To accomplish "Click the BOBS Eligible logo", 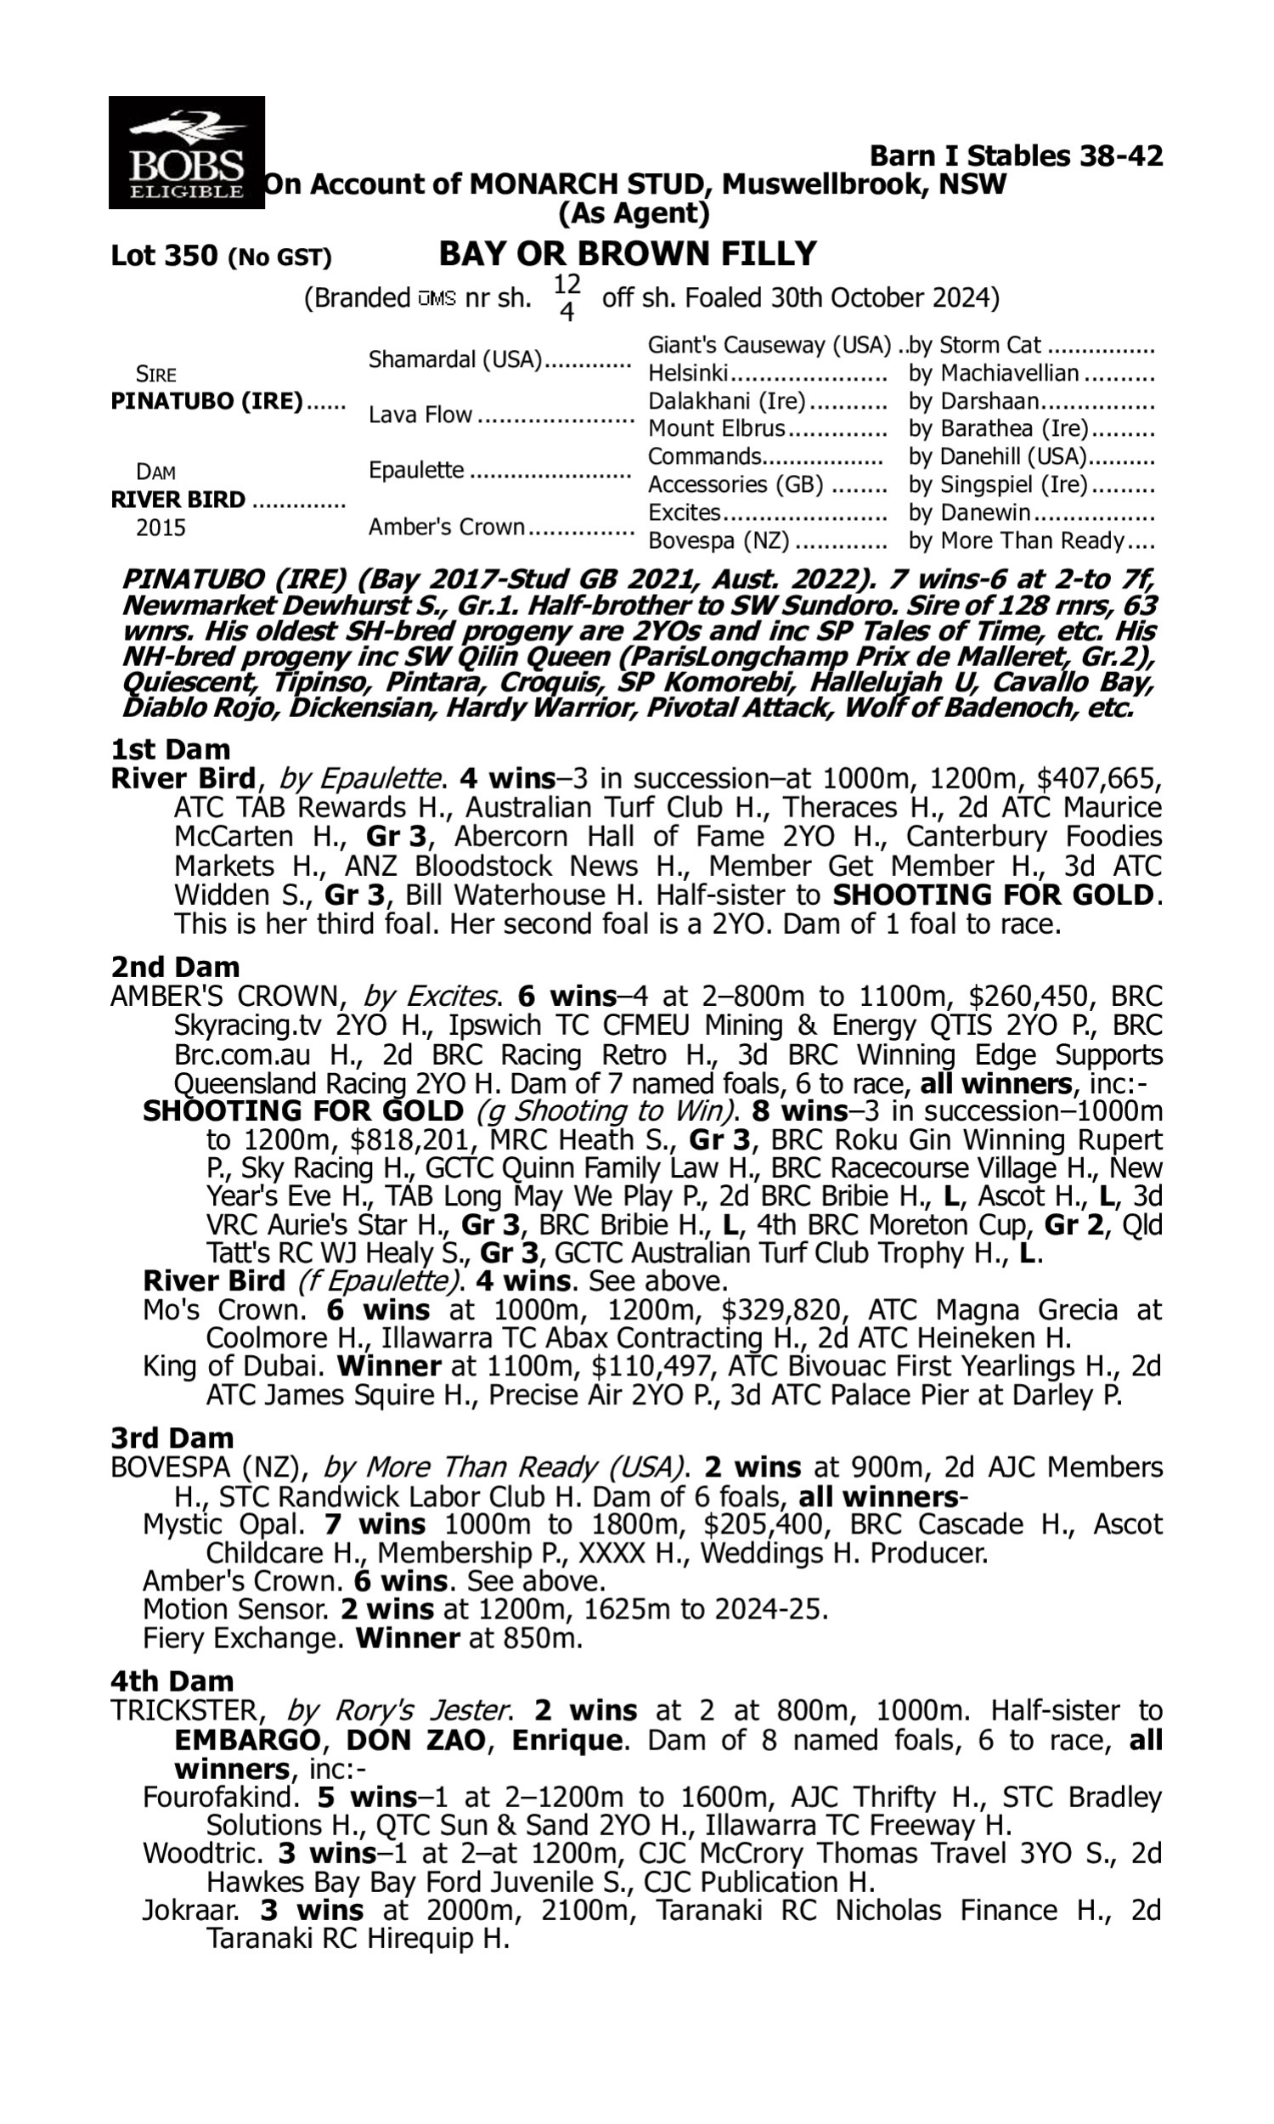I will (x=186, y=152).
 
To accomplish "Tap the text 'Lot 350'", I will (x=164, y=256).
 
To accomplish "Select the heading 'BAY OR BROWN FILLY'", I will (x=628, y=254).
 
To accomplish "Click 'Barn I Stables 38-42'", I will (x=1017, y=156).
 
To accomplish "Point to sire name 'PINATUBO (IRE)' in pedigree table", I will (x=207, y=402).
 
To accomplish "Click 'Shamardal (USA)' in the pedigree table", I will (x=456, y=359).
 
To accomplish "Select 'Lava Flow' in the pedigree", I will (x=420, y=415).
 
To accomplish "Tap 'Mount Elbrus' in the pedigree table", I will (x=716, y=428).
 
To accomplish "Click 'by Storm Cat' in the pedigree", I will (x=975, y=346).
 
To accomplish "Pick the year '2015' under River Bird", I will (x=161, y=528).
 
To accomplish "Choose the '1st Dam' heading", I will (x=170, y=749).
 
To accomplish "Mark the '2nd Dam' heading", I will (x=175, y=967).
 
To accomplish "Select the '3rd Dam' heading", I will (x=172, y=1438).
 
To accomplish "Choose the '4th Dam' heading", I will (x=172, y=1681).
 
